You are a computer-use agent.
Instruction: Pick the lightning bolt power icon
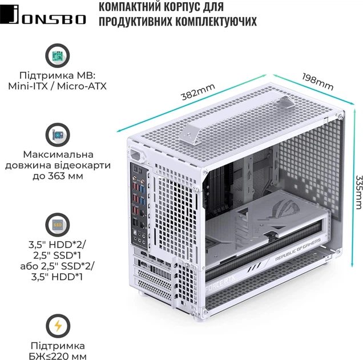57,326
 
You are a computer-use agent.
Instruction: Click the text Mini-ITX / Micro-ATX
57,87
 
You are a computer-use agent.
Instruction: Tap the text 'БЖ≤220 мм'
58,357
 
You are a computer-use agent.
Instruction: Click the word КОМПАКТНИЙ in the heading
131,7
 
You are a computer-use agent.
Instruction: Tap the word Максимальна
57,155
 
